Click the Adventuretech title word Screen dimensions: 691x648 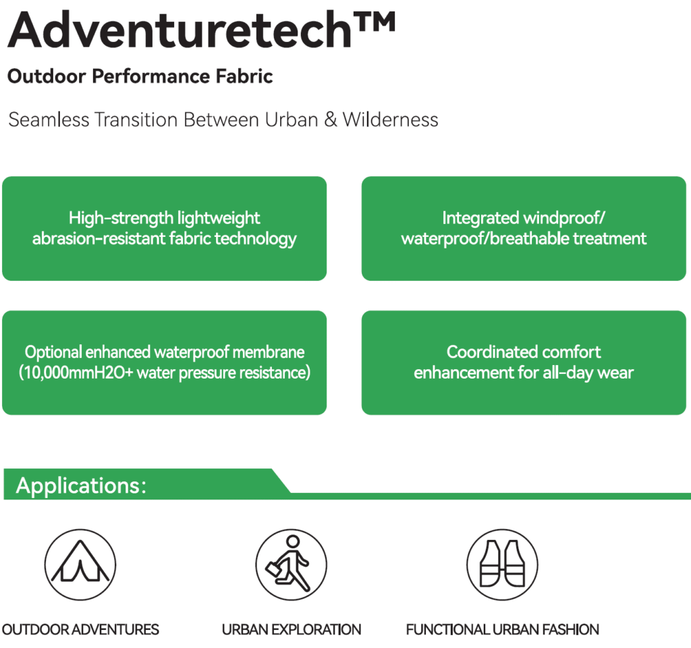click(179, 30)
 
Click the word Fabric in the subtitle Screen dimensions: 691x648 click(244, 76)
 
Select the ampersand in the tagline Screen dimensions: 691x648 click(331, 120)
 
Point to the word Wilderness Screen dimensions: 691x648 click(391, 120)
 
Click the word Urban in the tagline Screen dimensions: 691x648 click(292, 120)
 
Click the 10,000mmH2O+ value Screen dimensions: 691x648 click(78, 373)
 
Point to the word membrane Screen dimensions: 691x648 click(269, 352)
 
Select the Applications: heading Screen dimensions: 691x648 click(81, 485)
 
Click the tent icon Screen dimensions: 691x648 click(80, 565)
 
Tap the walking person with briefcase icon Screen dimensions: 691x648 click(292, 565)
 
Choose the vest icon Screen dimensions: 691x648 click(502, 565)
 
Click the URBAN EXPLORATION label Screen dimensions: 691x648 click(292, 630)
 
